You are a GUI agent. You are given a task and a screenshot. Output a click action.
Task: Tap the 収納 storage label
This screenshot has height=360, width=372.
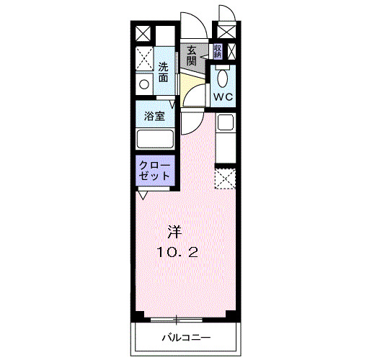[217, 51]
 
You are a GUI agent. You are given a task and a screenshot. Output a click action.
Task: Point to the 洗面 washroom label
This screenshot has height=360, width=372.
[164, 71]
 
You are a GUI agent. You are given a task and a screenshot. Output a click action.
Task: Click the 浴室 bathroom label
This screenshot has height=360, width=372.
[154, 115]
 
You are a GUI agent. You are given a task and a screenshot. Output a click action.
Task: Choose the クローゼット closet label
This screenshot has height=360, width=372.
[155, 171]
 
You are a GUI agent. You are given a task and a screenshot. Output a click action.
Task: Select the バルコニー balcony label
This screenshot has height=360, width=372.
[185, 337]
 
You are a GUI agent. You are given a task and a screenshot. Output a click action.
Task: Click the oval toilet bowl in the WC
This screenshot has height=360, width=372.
[222, 78]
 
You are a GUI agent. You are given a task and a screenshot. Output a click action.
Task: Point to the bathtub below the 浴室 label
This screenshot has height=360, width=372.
[155, 139]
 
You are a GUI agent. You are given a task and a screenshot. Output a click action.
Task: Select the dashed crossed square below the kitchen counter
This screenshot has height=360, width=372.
[226, 178]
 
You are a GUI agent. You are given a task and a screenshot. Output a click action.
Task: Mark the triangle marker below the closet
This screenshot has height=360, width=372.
[143, 194]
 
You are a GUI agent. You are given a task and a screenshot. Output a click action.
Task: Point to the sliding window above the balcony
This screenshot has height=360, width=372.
[178, 318]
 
